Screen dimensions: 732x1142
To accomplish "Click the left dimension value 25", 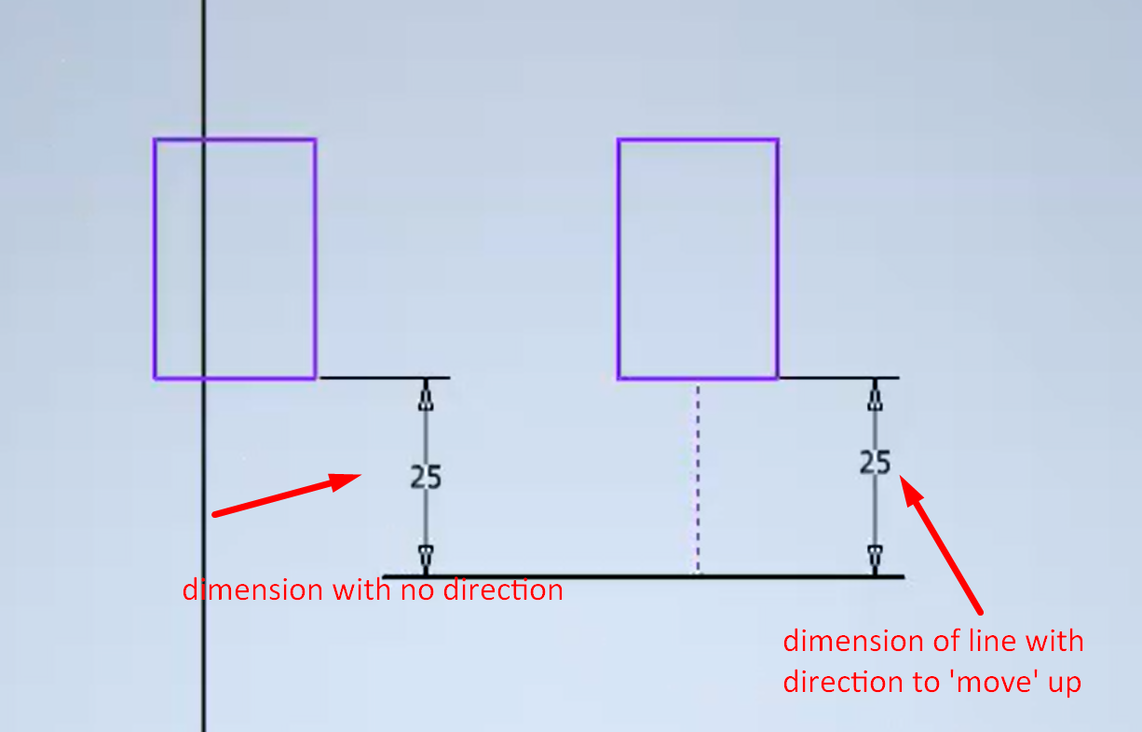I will click(x=426, y=477).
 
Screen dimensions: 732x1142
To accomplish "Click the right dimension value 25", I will click(x=875, y=462).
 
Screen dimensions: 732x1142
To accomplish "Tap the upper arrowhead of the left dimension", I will click(x=426, y=400).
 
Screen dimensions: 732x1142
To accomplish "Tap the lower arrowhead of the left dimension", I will click(x=426, y=556).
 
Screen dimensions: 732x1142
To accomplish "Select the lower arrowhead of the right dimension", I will click(x=875, y=556).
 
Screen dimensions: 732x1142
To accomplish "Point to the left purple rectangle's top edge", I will click(x=261, y=140).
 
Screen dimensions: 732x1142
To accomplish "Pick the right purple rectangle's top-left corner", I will click(x=619, y=141).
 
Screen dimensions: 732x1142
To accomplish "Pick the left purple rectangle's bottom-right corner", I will click(x=316, y=378).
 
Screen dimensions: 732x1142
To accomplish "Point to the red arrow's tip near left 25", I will click(x=359, y=477).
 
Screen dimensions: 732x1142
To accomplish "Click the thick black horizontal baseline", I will click(x=643, y=576).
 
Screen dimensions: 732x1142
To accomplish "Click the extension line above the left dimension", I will click(x=384, y=378).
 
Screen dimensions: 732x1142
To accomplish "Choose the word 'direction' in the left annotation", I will click(x=500, y=590).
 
